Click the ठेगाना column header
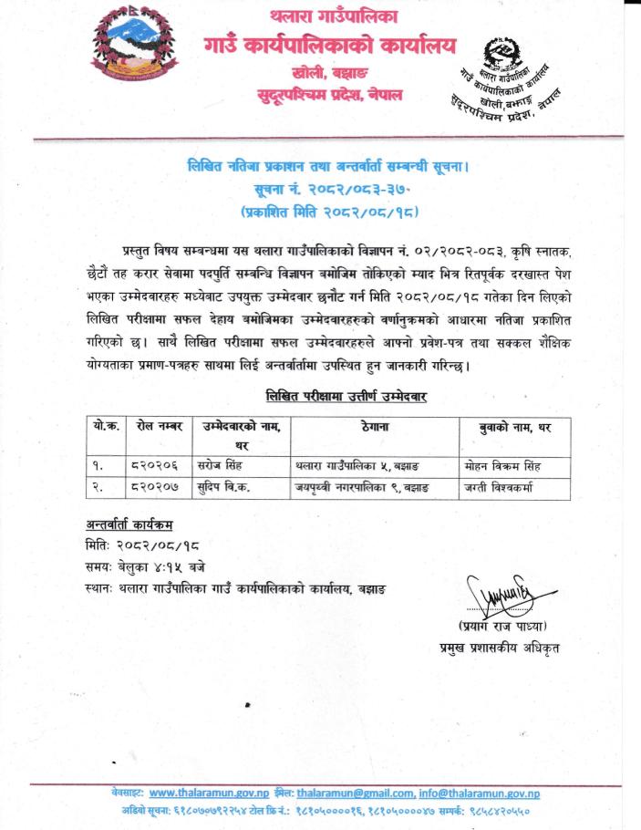coord(375,427)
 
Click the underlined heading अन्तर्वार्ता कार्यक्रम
coord(126,527)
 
